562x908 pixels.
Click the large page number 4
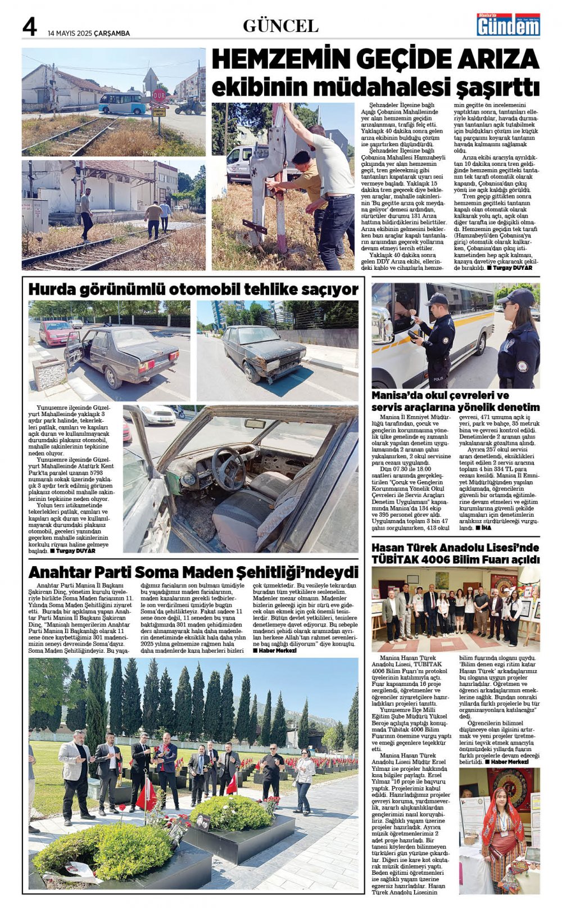tap(30, 27)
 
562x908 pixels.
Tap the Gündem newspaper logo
tap(508, 25)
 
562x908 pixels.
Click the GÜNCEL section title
tap(280, 26)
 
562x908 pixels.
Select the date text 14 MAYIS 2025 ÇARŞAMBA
tap(89, 33)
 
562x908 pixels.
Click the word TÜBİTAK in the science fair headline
tap(400, 559)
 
